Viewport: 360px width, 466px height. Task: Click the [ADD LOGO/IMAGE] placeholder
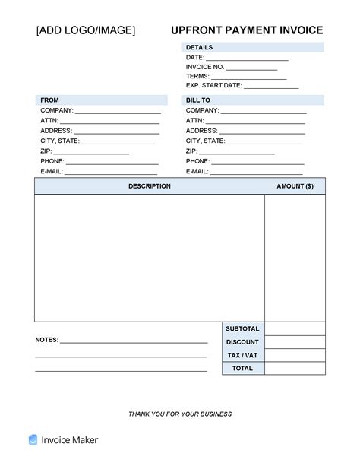pyautogui.click(x=86, y=30)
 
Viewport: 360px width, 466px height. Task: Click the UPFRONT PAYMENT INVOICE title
pyautogui.click(x=247, y=30)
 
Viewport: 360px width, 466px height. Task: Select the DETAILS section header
pyautogui.click(x=199, y=47)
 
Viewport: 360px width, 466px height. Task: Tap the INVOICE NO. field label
pyautogui.click(x=205, y=67)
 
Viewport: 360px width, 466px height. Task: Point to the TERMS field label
pyautogui.click(x=197, y=76)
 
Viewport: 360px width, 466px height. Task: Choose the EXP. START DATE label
pyautogui.click(x=213, y=86)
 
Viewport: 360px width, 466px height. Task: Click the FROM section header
pyautogui.click(x=49, y=100)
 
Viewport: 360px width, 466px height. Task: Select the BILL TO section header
pyautogui.click(x=197, y=100)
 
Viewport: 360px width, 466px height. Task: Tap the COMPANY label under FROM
pyautogui.click(x=57, y=110)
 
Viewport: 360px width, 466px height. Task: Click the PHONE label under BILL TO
pyautogui.click(x=197, y=161)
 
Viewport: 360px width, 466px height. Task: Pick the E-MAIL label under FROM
pyautogui.click(x=52, y=172)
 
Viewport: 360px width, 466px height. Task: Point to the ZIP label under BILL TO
pyautogui.click(x=191, y=151)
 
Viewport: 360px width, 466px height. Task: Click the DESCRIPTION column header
pyautogui.click(x=149, y=186)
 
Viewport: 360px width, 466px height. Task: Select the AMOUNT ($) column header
pyautogui.click(x=295, y=186)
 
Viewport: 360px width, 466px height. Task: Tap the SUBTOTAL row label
pyautogui.click(x=243, y=328)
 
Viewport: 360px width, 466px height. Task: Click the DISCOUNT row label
pyautogui.click(x=243, y=342)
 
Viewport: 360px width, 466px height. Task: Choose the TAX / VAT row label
pyautogui.click(x=243, y=355)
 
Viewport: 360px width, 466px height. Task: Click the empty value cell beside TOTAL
pyautogui.click(x=295, y=368)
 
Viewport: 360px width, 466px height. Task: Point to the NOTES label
pyautogui.click(x=46, y=340)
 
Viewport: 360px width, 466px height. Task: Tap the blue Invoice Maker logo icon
pyautogui.click(x=33, y=439)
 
